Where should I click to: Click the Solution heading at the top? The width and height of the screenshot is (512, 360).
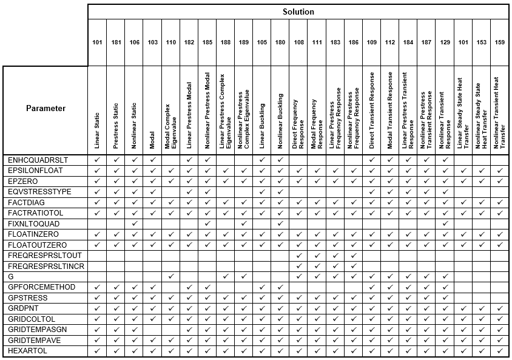click(x=298, y=12)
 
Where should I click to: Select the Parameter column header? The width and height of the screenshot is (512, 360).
click(x=45, y=109)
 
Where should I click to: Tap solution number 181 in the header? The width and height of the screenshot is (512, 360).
click(x=116, y=42)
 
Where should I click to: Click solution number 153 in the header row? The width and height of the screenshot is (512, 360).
click(x=481, y=42)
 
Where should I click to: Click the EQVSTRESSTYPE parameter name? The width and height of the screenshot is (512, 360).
click(x=39, y=192)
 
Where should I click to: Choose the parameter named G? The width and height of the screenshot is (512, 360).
click(x=10, y=277)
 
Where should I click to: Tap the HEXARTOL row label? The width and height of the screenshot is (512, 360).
click(x=27, y=351)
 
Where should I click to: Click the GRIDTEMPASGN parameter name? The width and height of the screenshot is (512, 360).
click(x=37, y=330)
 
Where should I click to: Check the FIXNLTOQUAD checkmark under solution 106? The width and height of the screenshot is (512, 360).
click(x=134, y=223)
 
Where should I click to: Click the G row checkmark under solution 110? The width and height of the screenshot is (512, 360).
click(x=170, y=277)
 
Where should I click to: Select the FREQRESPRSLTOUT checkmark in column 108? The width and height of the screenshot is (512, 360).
click(x=298, y=256)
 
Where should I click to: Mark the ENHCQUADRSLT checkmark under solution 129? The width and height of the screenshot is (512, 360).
click(x=445, y=160)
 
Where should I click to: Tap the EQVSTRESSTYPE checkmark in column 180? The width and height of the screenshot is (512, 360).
click(x=280, y=192)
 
